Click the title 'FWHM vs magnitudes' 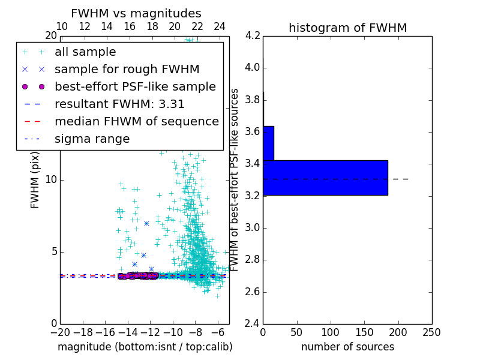coord(136,13)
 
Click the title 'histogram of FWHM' coord(347,28)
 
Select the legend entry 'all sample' coord(85,52)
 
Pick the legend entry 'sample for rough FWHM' coord(127,69)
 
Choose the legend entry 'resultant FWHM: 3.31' coord(119,104)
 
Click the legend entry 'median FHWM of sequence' coord(136,121)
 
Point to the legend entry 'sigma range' coord(92,139)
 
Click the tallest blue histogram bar coord(325,178)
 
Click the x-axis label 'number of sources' coord(347,347)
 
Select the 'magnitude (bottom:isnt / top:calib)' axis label coord(145,347)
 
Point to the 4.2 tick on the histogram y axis coord(252,35)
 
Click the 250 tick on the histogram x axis coord(431,332)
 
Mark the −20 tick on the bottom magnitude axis coord(60,332)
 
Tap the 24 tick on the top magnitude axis coord(220,26)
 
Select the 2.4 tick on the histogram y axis coord(252,324)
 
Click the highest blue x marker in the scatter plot coord(146,223)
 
